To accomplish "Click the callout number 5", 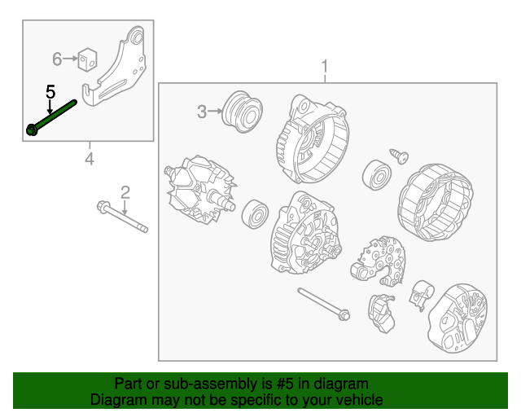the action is tap(50, 92).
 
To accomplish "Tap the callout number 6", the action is tap(57, 59).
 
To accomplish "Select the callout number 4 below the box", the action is tap(90, 159).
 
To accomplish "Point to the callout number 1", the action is tap(325, 66).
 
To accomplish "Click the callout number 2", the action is tap(125, 192).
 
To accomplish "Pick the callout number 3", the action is tap(202, 112).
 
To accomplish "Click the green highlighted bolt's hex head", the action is tap(32, 129).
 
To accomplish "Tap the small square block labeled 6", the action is tap(87, 59).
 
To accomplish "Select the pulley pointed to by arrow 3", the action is tap(242, 112).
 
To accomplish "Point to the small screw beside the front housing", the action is tap(399, 156).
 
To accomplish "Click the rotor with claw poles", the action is tap(199, 189).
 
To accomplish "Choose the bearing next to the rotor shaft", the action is tap(255, 213).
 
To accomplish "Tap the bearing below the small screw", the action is tap(376, 175).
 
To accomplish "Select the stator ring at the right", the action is tap(436, 202).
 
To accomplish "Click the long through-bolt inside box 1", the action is tap(323, 304).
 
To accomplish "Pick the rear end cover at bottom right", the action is tap(458, 318).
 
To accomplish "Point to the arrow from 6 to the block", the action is tap(70, 59).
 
